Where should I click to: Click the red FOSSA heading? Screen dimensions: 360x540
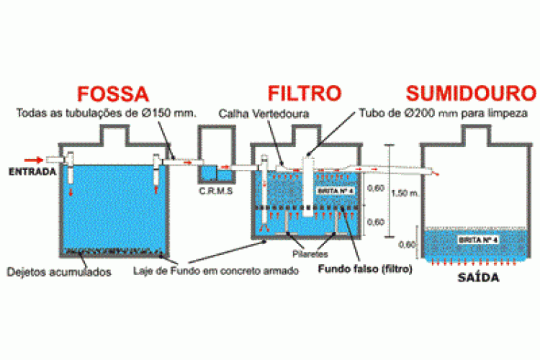click(x=114, y=95)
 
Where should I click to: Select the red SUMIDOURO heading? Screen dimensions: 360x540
click(x=472, y=95)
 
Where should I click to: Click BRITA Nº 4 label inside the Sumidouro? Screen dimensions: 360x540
click(x=477, y=238)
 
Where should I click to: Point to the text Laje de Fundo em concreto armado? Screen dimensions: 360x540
click(x=205, y=271)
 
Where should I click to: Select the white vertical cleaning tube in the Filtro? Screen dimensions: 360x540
click(x=308, y=187)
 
